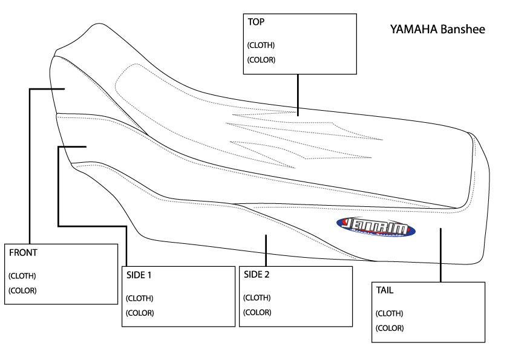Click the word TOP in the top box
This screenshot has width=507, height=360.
[256, 22]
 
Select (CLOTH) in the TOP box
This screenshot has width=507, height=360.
[261, 45]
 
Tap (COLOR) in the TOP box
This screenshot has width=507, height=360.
[261, 60]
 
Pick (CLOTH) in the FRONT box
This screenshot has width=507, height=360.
[22, 276]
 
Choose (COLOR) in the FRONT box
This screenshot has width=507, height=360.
[22, 290]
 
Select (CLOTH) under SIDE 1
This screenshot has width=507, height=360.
[139, 298]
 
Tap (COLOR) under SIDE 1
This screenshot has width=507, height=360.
[139, 313]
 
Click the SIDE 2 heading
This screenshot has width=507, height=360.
[257, 274]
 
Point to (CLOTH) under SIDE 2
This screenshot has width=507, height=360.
[257, 298]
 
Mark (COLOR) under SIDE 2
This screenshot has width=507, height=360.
[257, 312]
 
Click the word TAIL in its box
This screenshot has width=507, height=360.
[385, 290]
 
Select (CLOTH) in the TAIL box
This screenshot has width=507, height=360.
[390, 313]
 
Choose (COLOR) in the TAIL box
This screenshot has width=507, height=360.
[390, 328]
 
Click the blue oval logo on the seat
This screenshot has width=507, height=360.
[376, 227]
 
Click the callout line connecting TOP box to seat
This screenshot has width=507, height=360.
[297, 94]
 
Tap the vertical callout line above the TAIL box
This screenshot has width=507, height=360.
[440, 254]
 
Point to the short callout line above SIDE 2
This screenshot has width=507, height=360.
[266, 250]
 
